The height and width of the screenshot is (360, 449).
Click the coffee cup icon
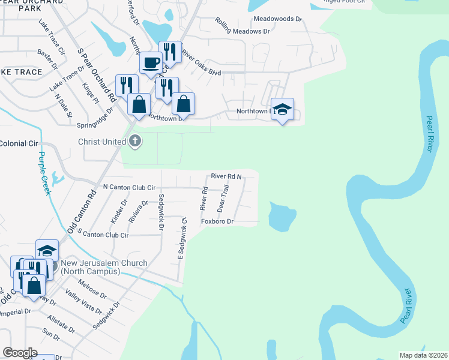[151, 62]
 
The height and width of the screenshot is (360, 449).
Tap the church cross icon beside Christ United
[136, 142]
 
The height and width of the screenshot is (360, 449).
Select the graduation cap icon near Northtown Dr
[282, 109]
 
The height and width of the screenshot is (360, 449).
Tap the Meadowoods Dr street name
[277, 19]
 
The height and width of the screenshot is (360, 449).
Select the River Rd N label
[226, 176]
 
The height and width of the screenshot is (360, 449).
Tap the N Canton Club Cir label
[129, 187]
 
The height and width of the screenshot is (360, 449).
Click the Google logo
[20, 353]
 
